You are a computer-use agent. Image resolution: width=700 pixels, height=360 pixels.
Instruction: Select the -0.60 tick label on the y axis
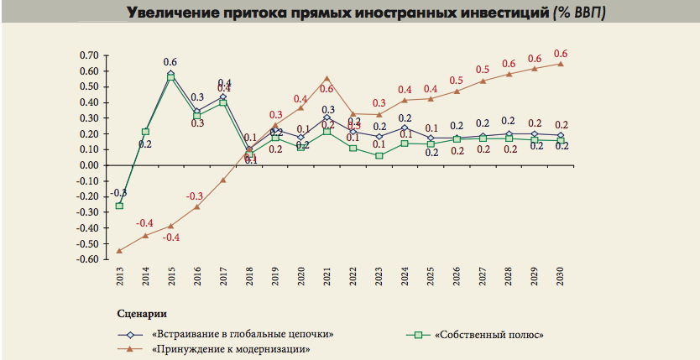click(x=87, y=259)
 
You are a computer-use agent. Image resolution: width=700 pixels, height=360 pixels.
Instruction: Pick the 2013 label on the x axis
click(x=119, y=278)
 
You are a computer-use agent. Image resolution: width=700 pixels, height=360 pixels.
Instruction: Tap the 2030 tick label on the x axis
click(x=560, y=278)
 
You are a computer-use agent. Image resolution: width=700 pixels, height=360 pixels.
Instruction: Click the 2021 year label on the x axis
click(x=327, y=278)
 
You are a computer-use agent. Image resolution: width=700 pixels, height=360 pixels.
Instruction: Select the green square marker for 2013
click(x=119, y=206)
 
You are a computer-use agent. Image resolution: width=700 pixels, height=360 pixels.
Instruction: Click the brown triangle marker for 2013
click(x=119, y=250)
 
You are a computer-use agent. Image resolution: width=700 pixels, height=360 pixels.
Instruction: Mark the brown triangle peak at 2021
click(x=327, y=78)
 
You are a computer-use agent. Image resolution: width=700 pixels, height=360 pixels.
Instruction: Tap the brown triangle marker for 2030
click(x=560, y=63)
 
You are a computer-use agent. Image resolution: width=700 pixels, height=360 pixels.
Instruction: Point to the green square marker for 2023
click(x=379, y=155)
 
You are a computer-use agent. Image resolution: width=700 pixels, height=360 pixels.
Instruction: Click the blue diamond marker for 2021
click(x=327, y=118)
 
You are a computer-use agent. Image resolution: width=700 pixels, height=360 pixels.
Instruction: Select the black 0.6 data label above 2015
click(x=170, y=62)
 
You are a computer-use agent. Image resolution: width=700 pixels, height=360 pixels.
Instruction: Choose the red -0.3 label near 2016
click(x=198, y=196)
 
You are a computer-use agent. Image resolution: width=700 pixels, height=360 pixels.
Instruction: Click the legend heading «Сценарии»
click(x=139, y=314)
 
